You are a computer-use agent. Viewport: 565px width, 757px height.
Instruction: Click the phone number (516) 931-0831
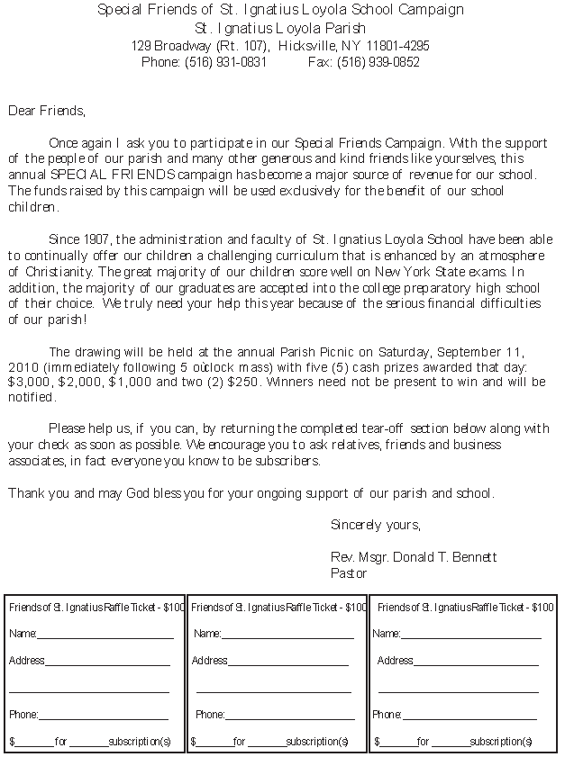tap(225, 62)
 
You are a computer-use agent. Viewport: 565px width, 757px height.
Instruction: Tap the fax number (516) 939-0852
tap(378, 62)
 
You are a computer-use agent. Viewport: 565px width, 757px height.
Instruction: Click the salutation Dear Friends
tap(46, 112)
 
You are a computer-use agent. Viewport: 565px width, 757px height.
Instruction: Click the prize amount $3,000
tap(29, 382)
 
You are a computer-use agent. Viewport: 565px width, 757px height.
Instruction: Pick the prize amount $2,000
tap(80, 382)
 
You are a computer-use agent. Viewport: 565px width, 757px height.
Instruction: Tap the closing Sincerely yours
tap(375, 524)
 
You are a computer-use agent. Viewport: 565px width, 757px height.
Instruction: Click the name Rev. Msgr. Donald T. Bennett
tap(414, 557)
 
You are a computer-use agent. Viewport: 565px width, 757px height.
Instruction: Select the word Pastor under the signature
tap(349, 572)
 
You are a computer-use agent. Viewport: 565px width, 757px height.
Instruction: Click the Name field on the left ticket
tap(105, 635)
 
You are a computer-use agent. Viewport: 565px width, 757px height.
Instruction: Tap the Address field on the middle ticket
tap(287, 662)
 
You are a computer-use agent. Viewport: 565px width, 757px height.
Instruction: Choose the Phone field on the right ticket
tap(469, 716)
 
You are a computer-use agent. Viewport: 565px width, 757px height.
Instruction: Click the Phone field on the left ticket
tap(103, 716)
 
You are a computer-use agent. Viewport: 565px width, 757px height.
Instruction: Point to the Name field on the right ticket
tap(470, 635)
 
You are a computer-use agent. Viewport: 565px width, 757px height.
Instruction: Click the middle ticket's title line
tap(278, 608)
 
